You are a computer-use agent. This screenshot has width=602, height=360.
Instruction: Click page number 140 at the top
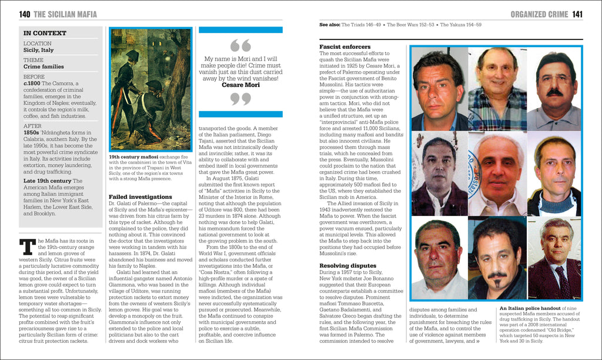(24, 14)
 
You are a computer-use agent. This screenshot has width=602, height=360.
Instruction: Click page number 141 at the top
(577, 14)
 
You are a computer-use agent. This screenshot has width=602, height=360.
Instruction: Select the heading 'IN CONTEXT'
(45, 34)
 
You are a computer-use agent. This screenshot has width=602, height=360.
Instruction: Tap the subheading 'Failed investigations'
(141, 196)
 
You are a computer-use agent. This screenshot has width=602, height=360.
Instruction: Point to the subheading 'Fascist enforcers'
(345, 46)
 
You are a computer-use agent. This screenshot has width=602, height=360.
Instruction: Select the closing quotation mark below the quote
(240, 99)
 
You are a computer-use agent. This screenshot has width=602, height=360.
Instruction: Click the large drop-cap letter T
(27, 247)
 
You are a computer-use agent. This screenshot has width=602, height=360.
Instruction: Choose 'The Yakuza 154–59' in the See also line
(463, 25)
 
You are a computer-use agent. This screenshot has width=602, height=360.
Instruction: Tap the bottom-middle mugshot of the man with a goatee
(497, 259)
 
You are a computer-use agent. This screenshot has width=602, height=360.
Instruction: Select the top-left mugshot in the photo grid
(439, 88)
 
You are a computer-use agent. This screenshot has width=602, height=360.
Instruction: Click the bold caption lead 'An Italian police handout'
(528, 308)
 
